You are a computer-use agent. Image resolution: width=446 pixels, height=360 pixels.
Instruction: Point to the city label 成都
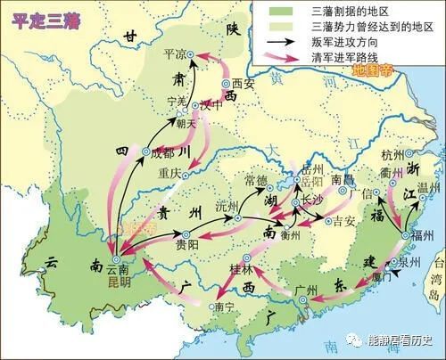coord(167,152)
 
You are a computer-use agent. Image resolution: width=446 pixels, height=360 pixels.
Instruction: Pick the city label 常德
coord(257,181)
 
